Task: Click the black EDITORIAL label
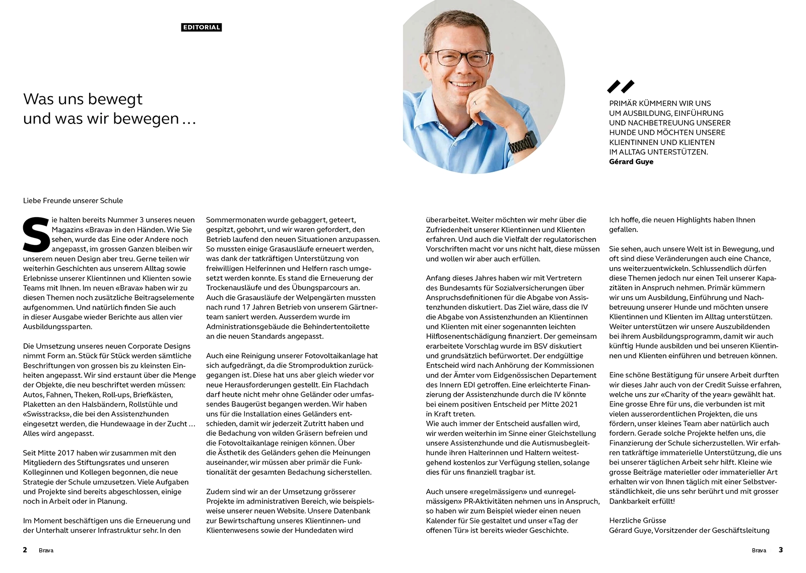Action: [x=201, y=27]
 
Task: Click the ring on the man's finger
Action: [x=474, y=103]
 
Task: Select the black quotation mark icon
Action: [x=621, y=87]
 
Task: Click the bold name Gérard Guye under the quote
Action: [x=631, y=162]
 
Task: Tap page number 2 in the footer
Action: [x=25, y=550]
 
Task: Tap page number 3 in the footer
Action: [x=781, y=550]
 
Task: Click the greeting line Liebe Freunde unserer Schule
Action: [x=73, y=201]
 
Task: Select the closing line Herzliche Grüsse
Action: [x=637, y=521]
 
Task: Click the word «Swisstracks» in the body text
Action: [x=46, y=414]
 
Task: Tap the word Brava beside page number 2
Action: [x=46, y=550]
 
